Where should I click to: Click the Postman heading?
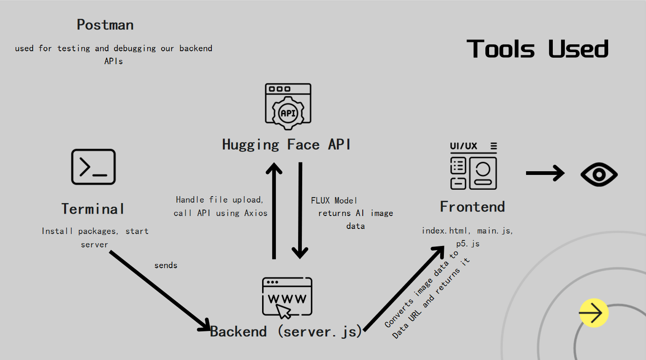[105, 25]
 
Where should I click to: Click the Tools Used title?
[538, 49]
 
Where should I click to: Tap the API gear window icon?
[288, 104]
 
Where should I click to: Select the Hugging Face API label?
[287, 144]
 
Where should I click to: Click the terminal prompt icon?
[93, 167]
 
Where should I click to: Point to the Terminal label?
[93, 209]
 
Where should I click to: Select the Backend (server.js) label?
[286, 331]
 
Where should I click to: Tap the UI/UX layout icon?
[473, 166]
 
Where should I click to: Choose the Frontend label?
[472, 206]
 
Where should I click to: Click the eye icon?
[599, 174]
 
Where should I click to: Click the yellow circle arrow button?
[594, 313]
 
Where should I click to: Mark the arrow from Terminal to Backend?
[160, 291]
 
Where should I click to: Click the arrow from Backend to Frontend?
[404, 288]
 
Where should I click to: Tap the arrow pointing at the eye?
[545, 173]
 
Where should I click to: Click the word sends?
[166, 265]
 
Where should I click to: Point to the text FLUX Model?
[334, 200]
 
